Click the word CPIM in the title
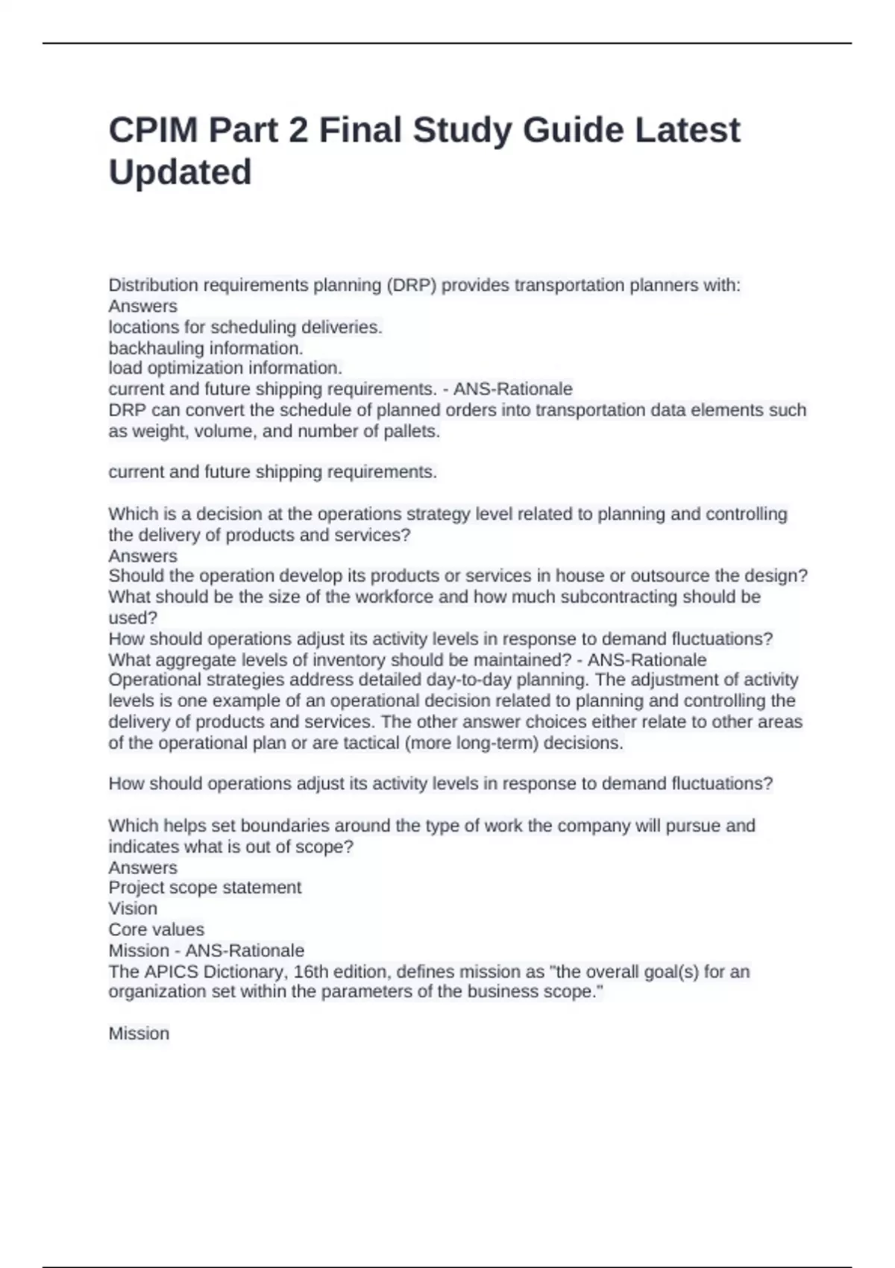click(154, 131)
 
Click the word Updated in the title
click(180, 172)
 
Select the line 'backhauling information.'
click(206, 348)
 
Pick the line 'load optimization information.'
click(225, 368)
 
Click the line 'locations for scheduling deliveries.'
click(245, 327)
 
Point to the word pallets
click(412, 432)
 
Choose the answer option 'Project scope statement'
click(205, 888)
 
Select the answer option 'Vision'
click(133, 908)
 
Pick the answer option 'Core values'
click(156, 929)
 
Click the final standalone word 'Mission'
click(139, 1034)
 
